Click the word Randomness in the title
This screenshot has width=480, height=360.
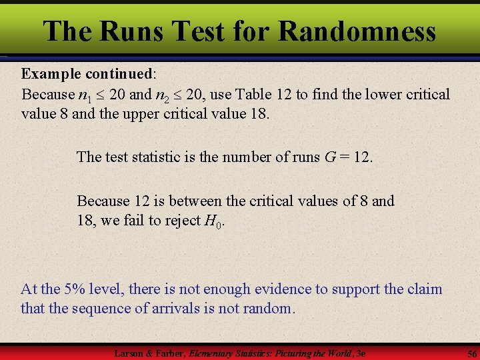click(x=357, y=31)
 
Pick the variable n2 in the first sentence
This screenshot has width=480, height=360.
click(x=181, y=95)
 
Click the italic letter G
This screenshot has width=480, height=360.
click(x=329, y=157)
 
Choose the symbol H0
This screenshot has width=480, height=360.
click(x=213, y=221)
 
